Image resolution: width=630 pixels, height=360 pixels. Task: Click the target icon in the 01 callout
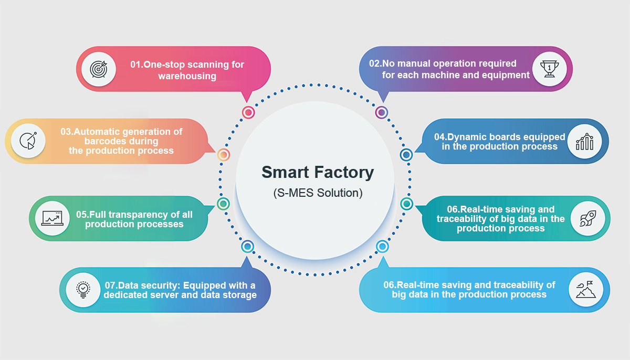(99, 69)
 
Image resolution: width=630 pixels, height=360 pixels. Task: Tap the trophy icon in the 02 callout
(549, 69)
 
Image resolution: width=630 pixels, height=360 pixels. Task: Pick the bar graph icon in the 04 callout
(584, 141)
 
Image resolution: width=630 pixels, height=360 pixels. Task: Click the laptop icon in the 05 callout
(52, 218)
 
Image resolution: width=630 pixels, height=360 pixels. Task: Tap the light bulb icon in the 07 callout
(83, 289)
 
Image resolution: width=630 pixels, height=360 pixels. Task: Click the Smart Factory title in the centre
(318, 172)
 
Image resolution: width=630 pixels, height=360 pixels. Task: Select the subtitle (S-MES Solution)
(318, 193)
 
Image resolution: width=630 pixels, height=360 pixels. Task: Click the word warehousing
(187, 76)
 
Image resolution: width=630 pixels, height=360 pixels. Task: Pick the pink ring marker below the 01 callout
(248, 112)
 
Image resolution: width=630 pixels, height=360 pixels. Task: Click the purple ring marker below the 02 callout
(382, 112)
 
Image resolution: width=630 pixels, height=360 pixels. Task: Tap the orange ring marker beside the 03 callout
(224, 155)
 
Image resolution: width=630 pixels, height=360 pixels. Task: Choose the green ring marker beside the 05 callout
(223, 204)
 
